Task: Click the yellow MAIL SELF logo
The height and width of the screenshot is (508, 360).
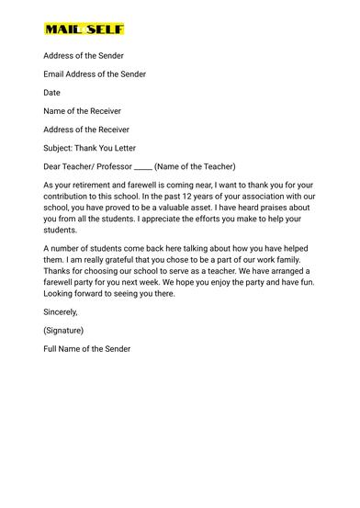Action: point(84,29)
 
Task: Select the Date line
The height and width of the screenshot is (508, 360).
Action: point(51,93)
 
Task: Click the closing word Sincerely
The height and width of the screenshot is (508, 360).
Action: point(61,311)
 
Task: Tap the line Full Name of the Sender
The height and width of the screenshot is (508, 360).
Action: point(87,348)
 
